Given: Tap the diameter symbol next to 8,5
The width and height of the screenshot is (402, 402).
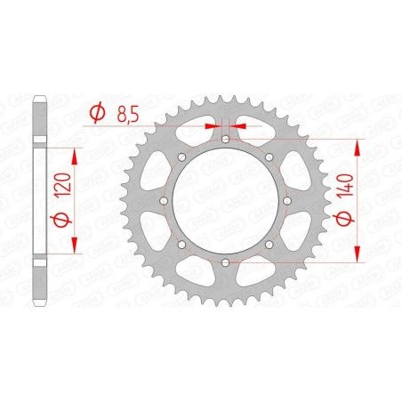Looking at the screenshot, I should [98, 113].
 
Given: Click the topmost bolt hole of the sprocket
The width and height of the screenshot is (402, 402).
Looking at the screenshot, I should [225, 140].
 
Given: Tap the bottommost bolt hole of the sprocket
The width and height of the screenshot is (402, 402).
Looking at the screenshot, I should [225, 262].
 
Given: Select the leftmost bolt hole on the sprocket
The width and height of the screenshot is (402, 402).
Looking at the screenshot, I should [164, 201].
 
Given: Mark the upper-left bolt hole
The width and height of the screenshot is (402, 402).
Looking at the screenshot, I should [181, 157].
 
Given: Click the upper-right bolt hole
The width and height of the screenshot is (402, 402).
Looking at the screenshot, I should [269, 157].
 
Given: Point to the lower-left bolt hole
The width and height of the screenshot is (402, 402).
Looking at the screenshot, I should [181, 245].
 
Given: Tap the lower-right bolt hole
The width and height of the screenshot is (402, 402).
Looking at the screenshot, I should [269, 245].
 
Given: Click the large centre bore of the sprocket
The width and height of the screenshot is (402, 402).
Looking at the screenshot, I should [225, 201].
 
